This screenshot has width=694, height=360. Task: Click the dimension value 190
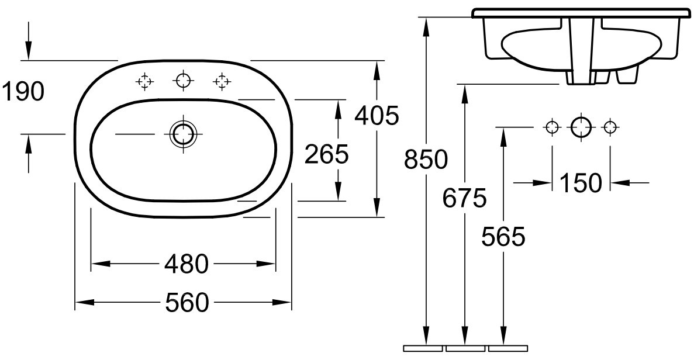(x=22, y=92)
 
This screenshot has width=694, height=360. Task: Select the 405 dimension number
(x=377, y=116)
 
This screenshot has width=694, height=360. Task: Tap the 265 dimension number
(x=327, y=154)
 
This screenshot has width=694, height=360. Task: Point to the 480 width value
(x=187, y=265)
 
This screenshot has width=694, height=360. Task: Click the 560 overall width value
(x=187, y=303)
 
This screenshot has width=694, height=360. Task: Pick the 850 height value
(x=426, y=160)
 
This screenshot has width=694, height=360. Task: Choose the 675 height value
(x=464, y=199)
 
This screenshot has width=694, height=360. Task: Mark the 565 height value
(x=503, y=237)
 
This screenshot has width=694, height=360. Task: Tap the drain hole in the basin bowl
(x=183, y=134)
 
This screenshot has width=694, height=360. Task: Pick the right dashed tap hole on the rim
(x=221, y=81)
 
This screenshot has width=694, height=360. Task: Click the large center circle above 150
(x=581, y=126)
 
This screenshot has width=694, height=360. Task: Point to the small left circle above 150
(x=551, y=126)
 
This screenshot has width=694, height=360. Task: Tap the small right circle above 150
(x=610, y=126)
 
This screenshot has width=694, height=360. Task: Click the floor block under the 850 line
(x=423, y=348)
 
